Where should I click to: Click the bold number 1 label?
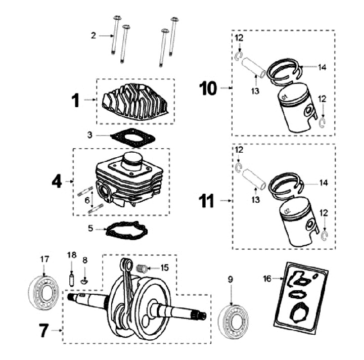pyautogui.click(x=75, y=100)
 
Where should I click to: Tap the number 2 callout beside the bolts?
pyautogui.click(x=93, y=35)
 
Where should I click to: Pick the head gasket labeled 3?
pyautogui.click(x=130, y=138)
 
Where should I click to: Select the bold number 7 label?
pyautogui.click(x=44, y=331)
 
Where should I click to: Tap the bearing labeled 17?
pyautogui.click(x=44, y=294)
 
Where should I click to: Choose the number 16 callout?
pyautogui.click(x=267, y=278)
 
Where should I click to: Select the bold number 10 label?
pyautogui.click(x=208, y=89)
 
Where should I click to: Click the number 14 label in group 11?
pyautogui.click(x=323, y=182)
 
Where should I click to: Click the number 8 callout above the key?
pyautogui.click(x=85, y=260)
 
